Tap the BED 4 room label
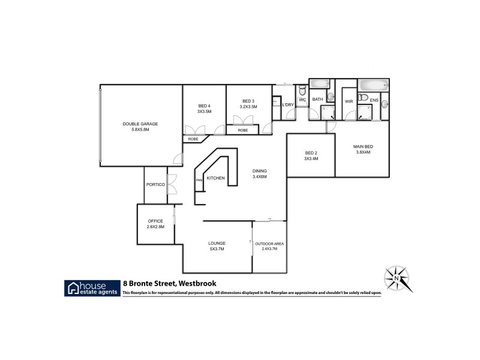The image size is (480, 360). coord(204,106)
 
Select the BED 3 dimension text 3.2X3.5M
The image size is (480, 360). coord(248,106)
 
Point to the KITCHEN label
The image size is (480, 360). coord(215,178)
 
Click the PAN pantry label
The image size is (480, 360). coord(198,179)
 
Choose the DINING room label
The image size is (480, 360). coord(259,171)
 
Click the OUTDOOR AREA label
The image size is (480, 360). coord(269,243)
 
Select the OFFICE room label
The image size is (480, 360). coord(155,221)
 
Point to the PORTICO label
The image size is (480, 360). coord(155,185)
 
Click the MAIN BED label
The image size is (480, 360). coord(362,146)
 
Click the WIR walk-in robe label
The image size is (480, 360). coord(349,101)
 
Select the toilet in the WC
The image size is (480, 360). coord(302,91)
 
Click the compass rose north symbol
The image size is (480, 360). coord(397,278)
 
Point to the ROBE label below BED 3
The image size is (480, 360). coord(242,130)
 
